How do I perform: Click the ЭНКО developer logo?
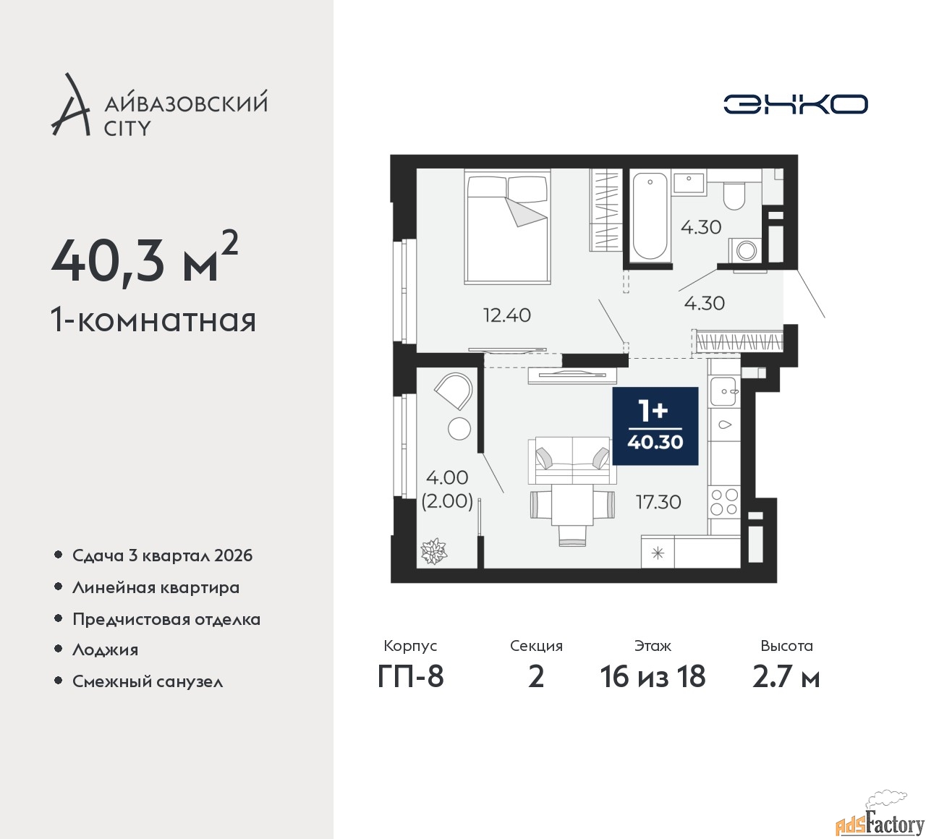(795, 104)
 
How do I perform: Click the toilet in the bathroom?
(734, 196)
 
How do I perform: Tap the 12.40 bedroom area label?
(507, 315)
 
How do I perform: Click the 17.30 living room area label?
(658, 502)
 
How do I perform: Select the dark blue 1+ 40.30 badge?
(655, 426)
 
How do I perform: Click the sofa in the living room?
(572, 460)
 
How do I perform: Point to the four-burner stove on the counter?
(724, 502)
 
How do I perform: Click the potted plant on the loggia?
(433, 551)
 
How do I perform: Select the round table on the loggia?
(459, 428)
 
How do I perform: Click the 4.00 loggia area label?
(447, 477)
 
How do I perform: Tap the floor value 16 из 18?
(653, 677)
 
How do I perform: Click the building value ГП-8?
(410, 677)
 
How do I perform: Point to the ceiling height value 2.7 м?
(786, 677)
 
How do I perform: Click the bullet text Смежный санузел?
(148, 681)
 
